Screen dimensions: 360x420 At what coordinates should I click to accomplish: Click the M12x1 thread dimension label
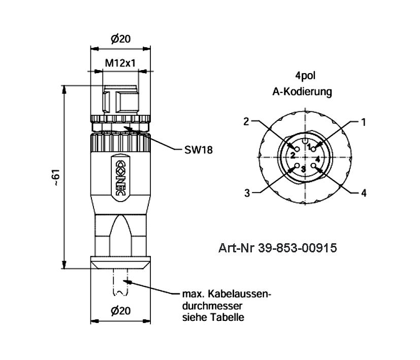click(x=120, y=63)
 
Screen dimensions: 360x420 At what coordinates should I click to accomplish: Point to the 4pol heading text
click(x=303, y=78)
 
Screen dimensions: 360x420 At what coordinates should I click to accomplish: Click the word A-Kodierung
click(x=303, y=92)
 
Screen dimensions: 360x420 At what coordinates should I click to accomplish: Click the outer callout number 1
click(x=364, y=122)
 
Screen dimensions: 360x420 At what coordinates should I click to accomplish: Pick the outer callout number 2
click(x=246, y=121)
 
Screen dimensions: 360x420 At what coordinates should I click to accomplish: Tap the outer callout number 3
click(x=247, y=193)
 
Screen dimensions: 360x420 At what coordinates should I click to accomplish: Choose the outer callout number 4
click(x=364, y=193)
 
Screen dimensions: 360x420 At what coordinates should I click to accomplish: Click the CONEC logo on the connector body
click(x=120, y=176)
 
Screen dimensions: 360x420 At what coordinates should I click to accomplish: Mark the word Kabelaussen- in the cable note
click(x=236, y=294)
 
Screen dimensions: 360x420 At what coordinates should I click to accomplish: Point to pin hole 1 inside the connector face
click(x=314, y=148)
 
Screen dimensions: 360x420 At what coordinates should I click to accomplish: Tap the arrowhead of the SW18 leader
click(x=127, y=127)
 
